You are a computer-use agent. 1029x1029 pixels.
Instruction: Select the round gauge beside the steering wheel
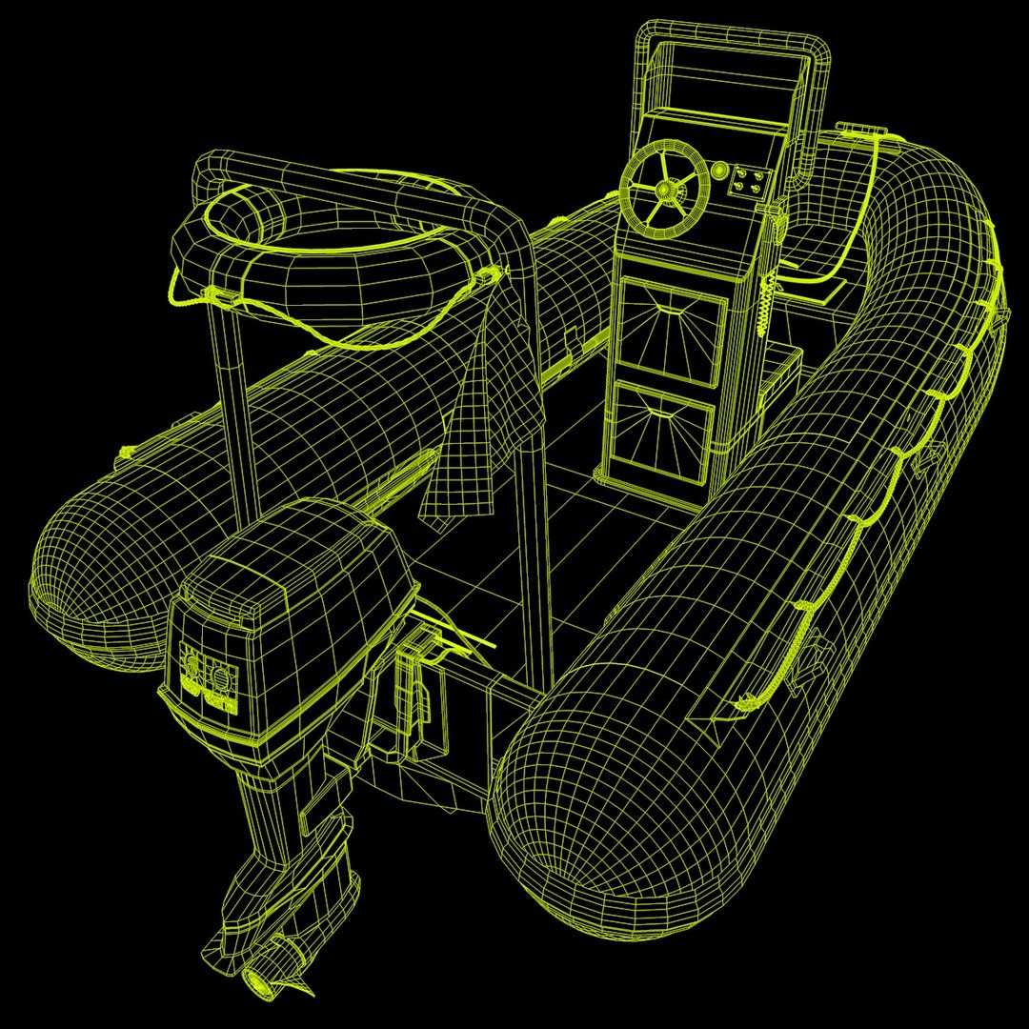click(x=717, y=171)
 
